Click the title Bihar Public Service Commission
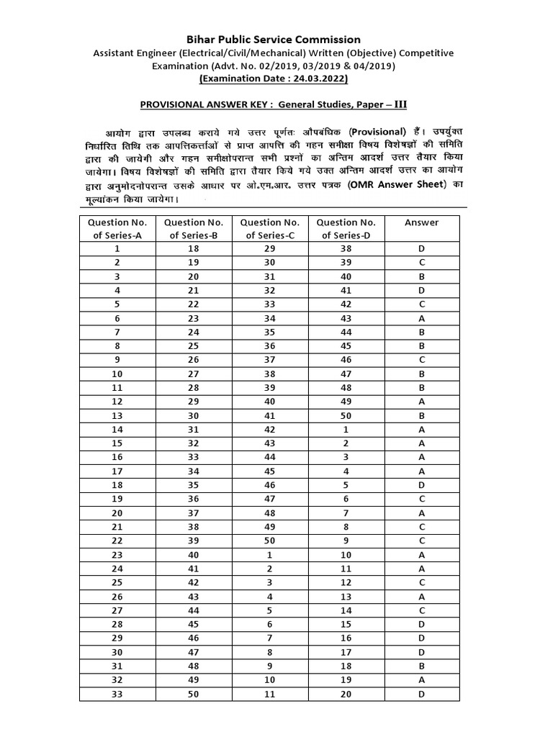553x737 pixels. pyautogui.click(x=275, y=39)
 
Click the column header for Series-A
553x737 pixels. pyautogui.click(x=117, y=229)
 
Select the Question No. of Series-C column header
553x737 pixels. pyautogui.click(x=270, y=229)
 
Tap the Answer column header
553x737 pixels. pyautogui.click(x=421, y=223)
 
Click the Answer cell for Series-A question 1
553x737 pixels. pyautogui.click(x=421, y=248)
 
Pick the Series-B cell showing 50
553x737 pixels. pyautogui.click(x=194, y=694)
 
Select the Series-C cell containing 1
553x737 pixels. pyautogui.click(x=270, y=555)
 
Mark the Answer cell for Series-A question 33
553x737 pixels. pyautogui.click(x=421, y=694)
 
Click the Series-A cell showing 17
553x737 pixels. pyautogui.click(x=117, y=471)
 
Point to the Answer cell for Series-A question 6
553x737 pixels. pyautogui.click(x=421, y=318)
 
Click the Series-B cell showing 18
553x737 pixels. pyautogui.click(x=194, y=248)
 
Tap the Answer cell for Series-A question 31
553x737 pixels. pyautogui.click(x=421, y=666)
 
